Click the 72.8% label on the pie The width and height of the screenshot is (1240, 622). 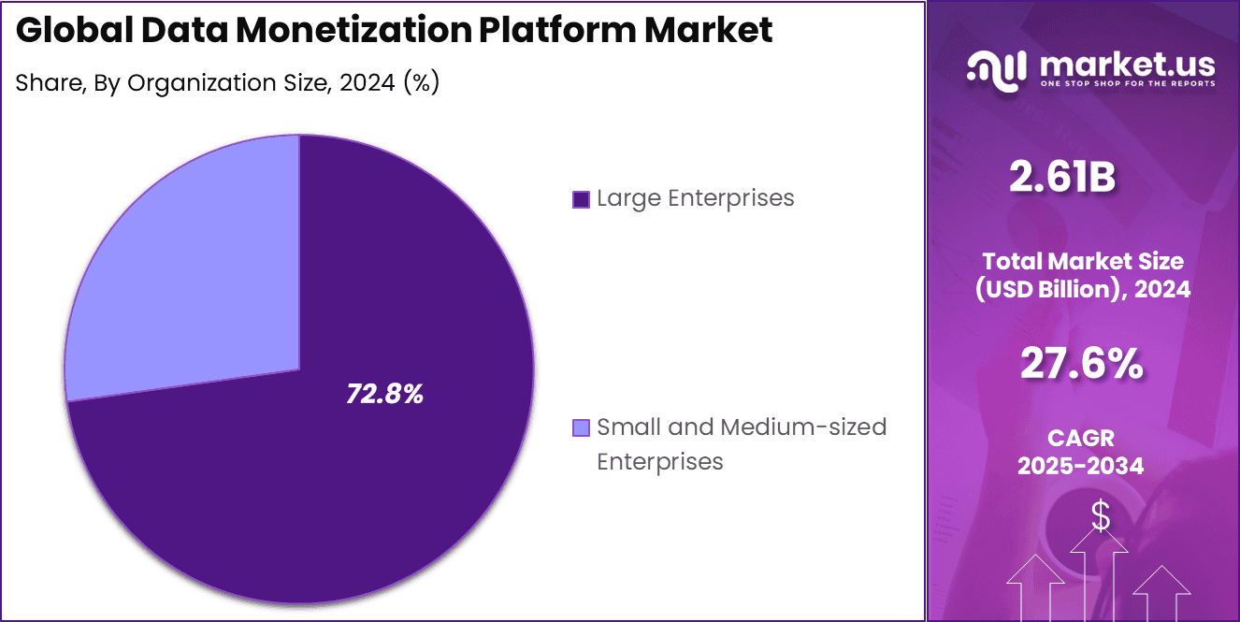click(384, 395)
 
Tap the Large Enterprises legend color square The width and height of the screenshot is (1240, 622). click(581, 199)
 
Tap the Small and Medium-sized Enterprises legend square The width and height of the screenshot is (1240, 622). click(581, 428)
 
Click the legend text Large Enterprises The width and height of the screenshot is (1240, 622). click(695, 198)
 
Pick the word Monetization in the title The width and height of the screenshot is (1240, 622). click(335, 31)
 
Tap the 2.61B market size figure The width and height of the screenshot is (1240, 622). click(1062, 177)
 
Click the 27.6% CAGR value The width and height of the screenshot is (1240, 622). click(1081, 364)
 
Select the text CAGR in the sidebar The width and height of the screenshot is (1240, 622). click(1080, 438)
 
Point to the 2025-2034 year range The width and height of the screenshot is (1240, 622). click(1080, 465)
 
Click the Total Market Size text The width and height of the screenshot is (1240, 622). click(1082, 261)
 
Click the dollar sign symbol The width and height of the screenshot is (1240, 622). click(1101, 515)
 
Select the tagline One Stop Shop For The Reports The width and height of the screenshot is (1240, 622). click(1127, 84)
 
